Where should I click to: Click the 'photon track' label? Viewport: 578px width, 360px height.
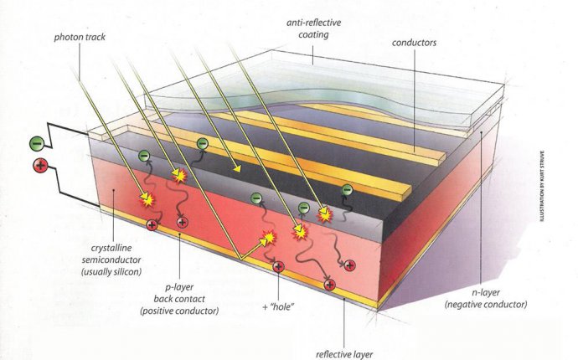(80, 37)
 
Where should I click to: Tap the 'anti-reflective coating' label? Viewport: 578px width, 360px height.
(313, 28)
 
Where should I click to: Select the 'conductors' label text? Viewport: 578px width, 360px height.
(414, 43)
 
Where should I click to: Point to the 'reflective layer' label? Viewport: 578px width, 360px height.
(344, 354)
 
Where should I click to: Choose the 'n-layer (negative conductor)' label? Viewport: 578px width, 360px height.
(486, 298)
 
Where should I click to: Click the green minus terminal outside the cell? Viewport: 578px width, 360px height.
(37, 143)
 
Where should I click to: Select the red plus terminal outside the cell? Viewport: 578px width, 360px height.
(40, 165)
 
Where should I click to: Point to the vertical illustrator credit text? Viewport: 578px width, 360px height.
(541, 186)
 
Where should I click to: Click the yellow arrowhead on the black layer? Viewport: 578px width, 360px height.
(237, 169)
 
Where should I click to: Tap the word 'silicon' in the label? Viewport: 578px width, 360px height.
(126, 272)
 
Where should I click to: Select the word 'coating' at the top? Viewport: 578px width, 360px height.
(313, 34)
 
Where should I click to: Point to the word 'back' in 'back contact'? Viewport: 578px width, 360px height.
(163, 299)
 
